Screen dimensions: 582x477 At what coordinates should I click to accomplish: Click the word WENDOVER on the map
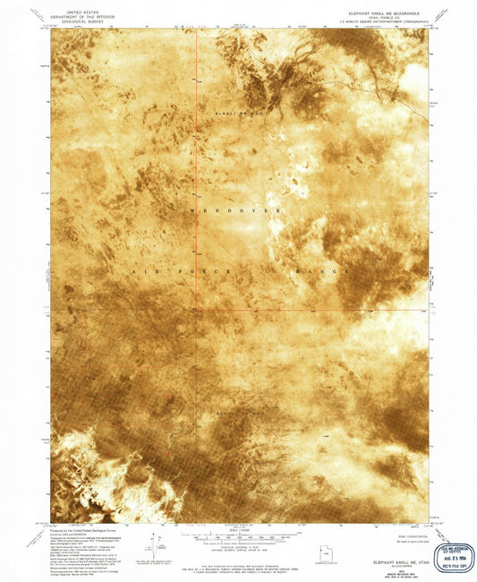[235, 210]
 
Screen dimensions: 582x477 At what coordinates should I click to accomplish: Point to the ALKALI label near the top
[226, 116]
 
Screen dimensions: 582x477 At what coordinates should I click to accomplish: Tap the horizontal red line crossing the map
[268, 311]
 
